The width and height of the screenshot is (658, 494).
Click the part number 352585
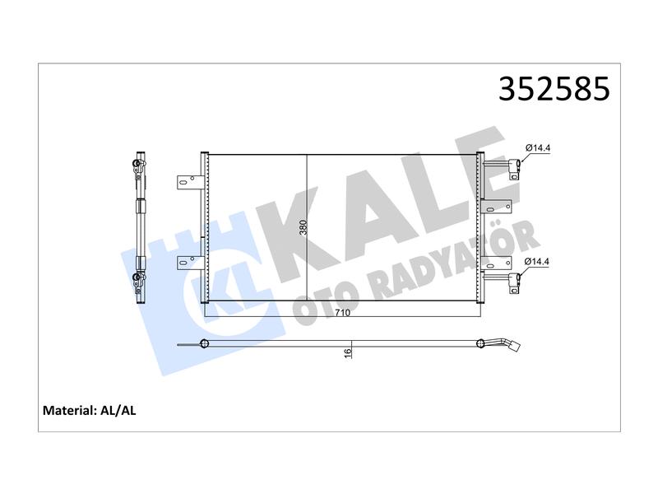(x=554, y=89)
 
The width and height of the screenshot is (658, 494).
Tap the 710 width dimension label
(x=342, y=313)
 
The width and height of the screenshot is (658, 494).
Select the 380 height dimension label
(x=304, y=227)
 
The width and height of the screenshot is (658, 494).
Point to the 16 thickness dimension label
(x=347, y=353)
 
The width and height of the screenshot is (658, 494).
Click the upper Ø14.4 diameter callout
(x=538, y=148)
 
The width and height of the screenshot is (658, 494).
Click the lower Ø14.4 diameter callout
(x=537, y=261)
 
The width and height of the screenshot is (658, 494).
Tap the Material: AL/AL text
(x=90, y=410)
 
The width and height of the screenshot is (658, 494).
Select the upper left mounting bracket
(x=190, y=182)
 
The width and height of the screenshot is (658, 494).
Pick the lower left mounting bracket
(x=190, y=263)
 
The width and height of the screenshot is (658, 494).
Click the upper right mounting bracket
(x=498, y=207)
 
